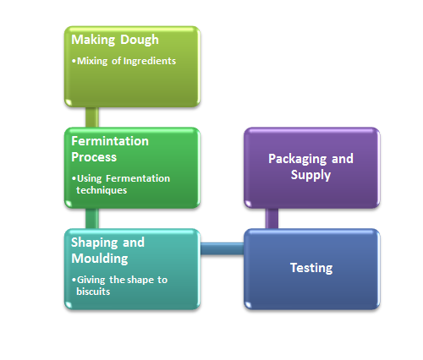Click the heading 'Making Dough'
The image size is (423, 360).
click(x=115, y=40)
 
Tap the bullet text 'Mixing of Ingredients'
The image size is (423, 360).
click(x=126, y=61)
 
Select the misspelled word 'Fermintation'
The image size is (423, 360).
click(x=110, y=141)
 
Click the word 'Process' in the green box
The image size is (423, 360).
click(x=94, y=157)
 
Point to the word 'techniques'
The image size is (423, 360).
click(x=102, y=190)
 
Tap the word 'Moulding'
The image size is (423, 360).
click(x=100, y=259)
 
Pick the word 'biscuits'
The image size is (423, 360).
click(x=93, y=292)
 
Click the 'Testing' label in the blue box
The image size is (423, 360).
click(x=311, y=268)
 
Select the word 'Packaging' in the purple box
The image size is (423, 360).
click(x=299, y=159)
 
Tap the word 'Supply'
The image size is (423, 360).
click(x=310, y=175)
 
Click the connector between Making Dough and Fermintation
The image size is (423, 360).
click(x=92, y=117)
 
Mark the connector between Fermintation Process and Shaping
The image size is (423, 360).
click(x=92, y=219)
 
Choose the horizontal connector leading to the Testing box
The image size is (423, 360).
click(x=222, y=248)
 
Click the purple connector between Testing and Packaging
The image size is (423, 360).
click(x=272, y=219)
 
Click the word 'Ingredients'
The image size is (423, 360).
click(x=150, y=61)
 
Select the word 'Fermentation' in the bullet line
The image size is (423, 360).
click(x=138, y=178)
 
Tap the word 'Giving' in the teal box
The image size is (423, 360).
click(x=91, y=280)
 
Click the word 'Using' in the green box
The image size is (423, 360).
click(x=90, y=178)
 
